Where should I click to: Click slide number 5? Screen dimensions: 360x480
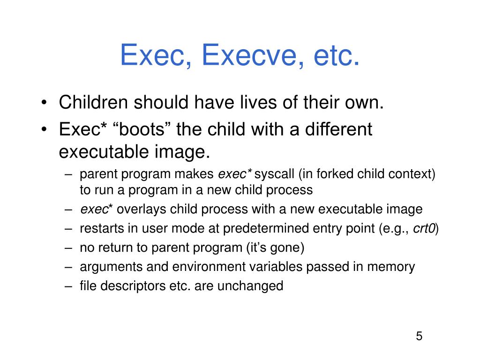click(x=419, y=336)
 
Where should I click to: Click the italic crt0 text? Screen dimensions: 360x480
click(x=425, y=228)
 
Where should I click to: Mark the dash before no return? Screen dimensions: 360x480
click(x=69, y=247)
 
